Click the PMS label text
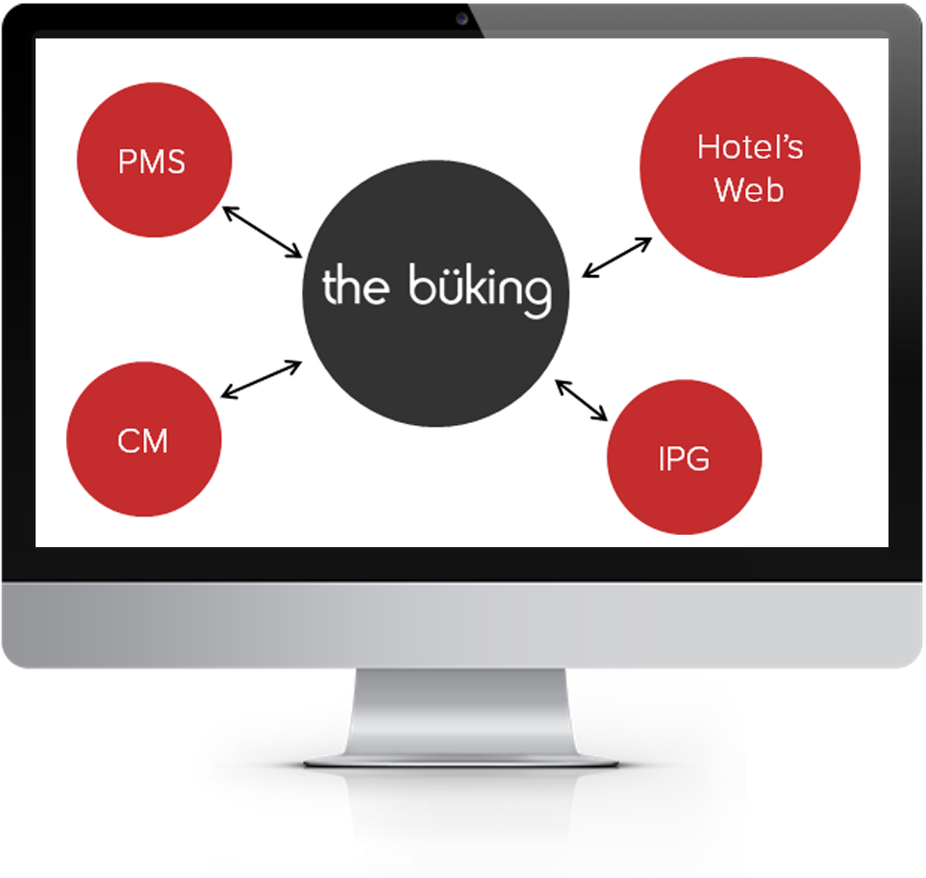(152, 161)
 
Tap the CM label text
(142, 441)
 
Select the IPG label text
(684, 459)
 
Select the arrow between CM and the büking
(263, 378)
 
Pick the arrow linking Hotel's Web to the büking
(618, 258)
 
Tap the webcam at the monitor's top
(463, 18)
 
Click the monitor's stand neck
(461, 712)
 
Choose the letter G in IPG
(699, 459)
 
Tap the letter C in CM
(128, 441)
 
